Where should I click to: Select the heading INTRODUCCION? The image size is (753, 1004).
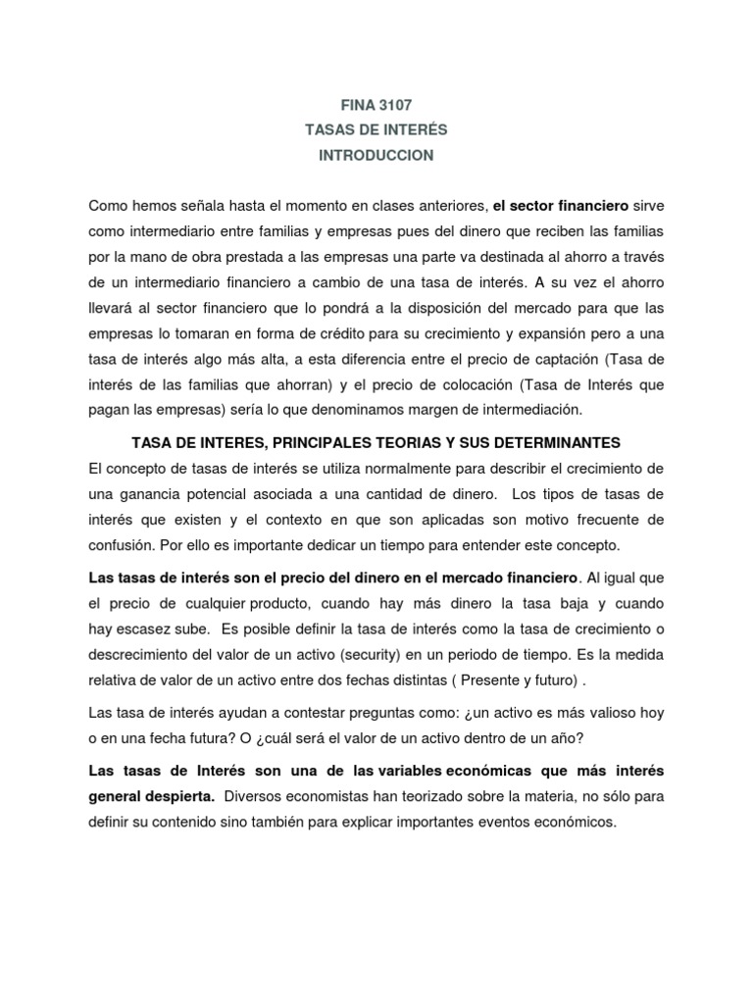[376, 156]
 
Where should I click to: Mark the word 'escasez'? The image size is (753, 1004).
[148, 627]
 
